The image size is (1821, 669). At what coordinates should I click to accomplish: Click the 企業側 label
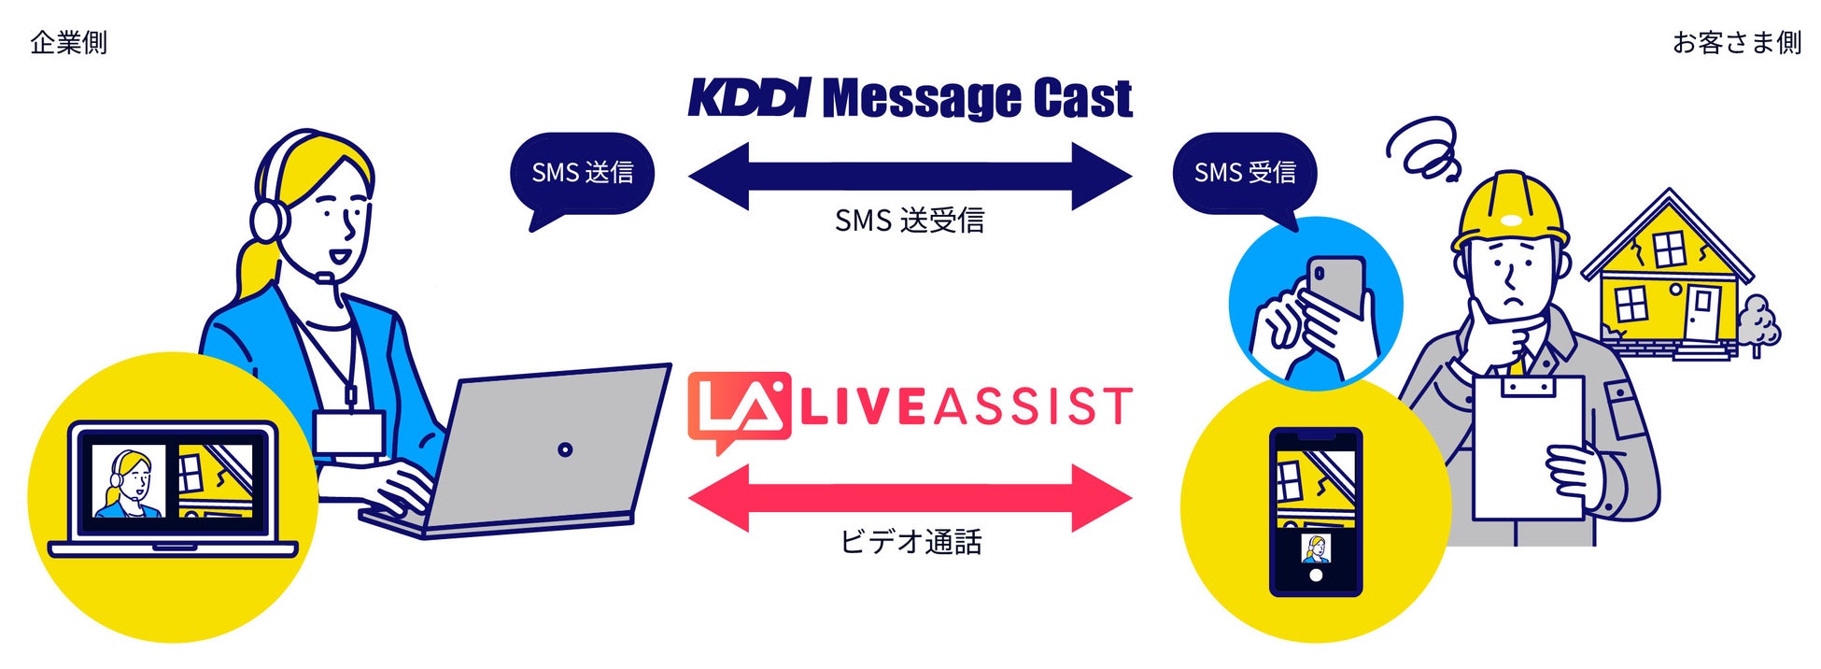tap(68, 43)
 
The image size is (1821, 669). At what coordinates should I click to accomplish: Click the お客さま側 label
tap(1736, 43)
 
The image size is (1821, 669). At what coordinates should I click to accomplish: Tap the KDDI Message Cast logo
tap(910, 98)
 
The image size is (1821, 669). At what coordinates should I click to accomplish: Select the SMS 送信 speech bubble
tap(582, 174)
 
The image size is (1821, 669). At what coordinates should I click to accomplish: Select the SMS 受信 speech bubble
tap(1244, 174)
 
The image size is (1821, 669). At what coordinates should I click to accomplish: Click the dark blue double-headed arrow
tap(910, 176)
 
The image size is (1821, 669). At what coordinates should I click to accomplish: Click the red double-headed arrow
tap(910, 498)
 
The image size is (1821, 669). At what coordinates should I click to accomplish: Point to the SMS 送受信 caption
tap(910, 221)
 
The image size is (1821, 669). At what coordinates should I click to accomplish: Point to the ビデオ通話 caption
tap(910, 543)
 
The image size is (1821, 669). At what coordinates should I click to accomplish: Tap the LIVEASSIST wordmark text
tap(967, 407)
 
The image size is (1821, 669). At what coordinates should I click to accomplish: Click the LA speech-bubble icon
tap(738, 409)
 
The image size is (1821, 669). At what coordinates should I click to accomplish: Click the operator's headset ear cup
tap(268, 219)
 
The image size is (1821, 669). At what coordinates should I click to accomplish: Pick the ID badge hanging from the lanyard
tap(347, 433)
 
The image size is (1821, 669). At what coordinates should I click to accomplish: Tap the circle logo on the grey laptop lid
tap(565, 449)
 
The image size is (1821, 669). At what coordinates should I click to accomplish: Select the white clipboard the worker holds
tap(1527, 448)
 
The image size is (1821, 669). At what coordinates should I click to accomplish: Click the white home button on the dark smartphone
tap(1316, 576)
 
